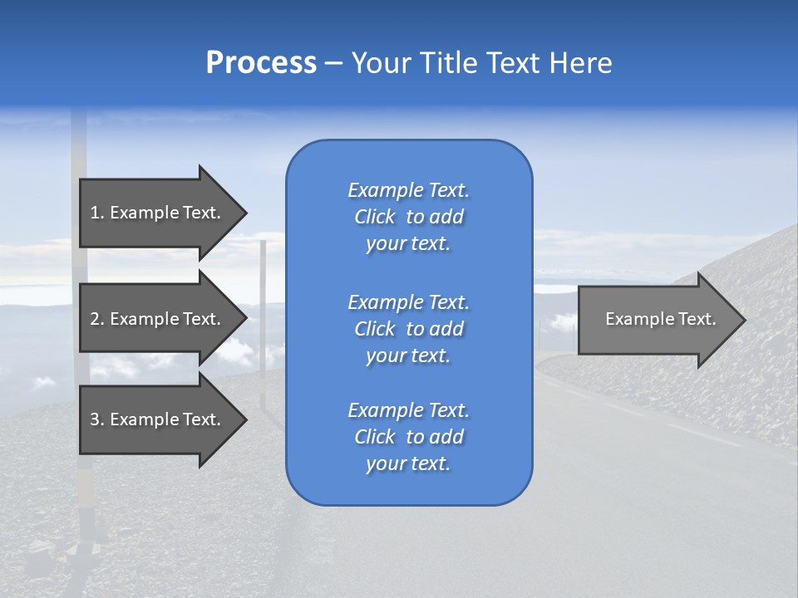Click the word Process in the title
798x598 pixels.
click(x=261, y=63)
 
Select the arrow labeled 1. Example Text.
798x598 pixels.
click(x=155, y=213)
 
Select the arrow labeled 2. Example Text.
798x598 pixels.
click(x=155, y=319)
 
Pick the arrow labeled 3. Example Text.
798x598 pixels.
click(x=155, y=419)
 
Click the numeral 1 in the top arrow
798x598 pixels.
click(x=94, y=213)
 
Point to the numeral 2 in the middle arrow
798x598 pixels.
click(x=95, y=319)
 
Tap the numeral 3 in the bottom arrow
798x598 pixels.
click(x=95, y=419)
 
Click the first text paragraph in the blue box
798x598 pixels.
click(x=408, y=217)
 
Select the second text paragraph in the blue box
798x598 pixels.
click(x=408, y=329)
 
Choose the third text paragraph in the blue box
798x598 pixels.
click(x=408, y=437)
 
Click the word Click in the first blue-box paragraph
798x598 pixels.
click(x=374, y=217)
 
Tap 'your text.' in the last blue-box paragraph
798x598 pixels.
click(x=408, y=464)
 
